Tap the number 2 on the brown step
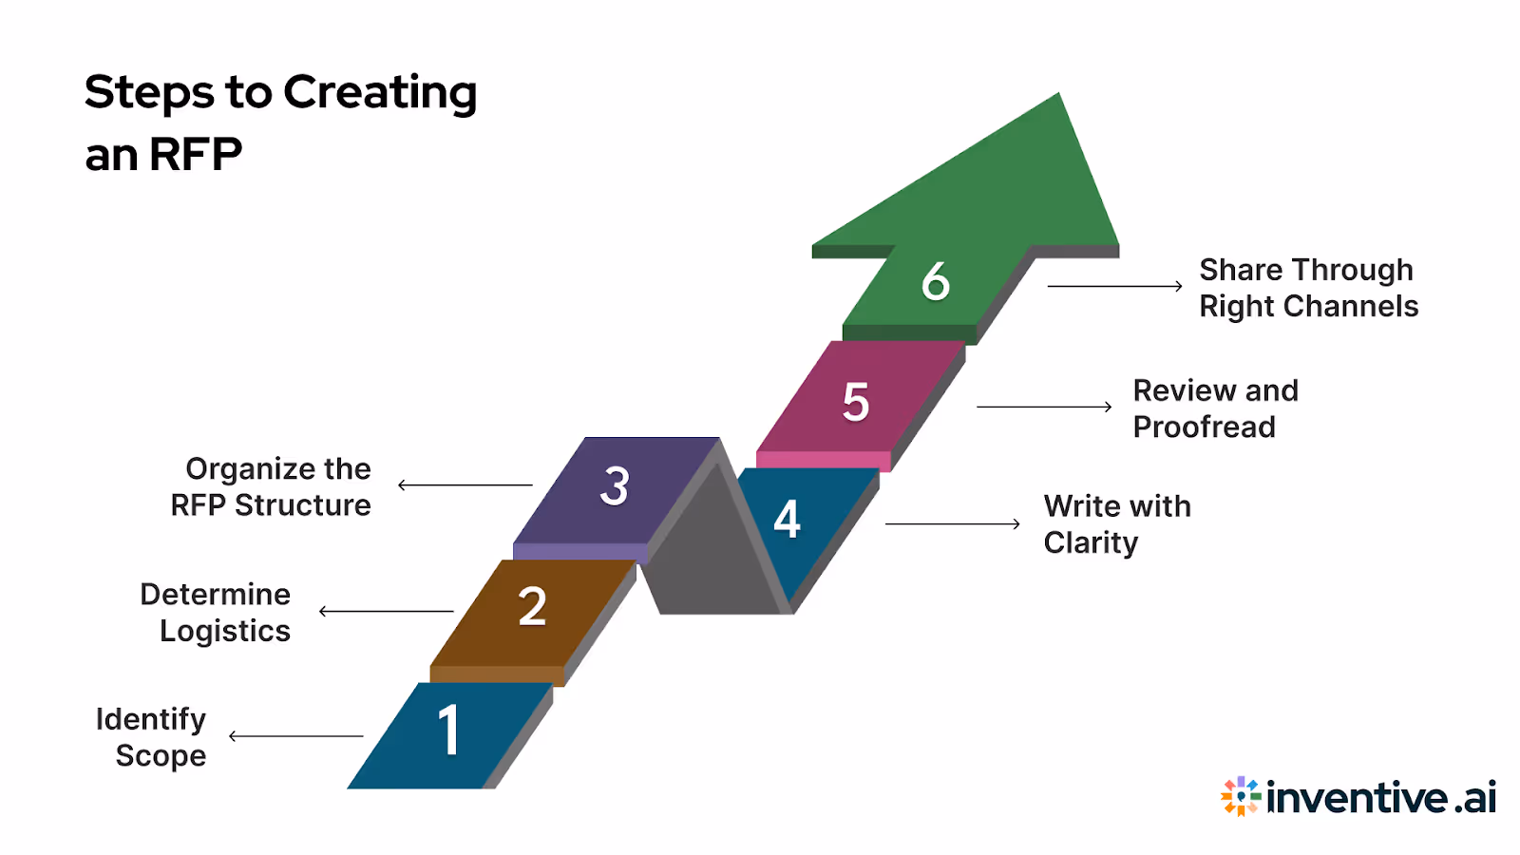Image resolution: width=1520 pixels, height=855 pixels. [532, 607]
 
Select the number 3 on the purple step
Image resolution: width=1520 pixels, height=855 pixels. [615, 486]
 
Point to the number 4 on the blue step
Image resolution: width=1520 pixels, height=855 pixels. [787, 520]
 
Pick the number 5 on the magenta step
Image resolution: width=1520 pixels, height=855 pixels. [855, 402]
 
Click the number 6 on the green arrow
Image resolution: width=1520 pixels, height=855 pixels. [935, 281]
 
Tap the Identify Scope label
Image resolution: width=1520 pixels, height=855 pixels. [152, 737]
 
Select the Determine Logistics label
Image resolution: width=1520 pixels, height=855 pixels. [217, 612]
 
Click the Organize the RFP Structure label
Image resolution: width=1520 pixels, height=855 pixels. [273, 486]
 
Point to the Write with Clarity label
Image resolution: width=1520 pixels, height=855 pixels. [1115, 523]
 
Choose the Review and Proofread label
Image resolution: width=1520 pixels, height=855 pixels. [1214, 408]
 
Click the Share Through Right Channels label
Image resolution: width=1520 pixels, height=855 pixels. [1307, 288]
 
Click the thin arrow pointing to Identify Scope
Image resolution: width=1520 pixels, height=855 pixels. [295, 736]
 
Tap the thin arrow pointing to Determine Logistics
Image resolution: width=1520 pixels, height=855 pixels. [386, 611]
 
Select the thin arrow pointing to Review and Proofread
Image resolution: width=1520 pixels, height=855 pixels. [1043, 407]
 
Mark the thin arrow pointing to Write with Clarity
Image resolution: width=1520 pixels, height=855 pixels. [952, 523]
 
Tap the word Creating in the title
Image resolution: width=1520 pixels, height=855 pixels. [380, 93]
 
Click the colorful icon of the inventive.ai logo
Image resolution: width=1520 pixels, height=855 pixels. [1240, 796]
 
